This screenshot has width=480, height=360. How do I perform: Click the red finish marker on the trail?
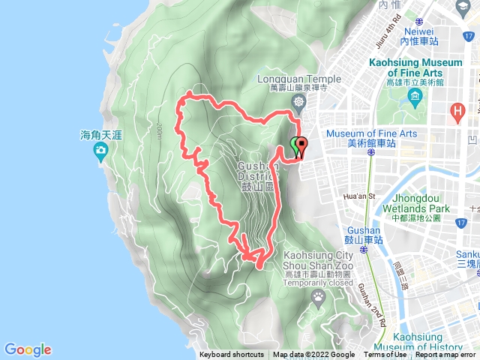tap(302, 145)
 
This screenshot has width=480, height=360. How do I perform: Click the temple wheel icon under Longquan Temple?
tap(299, 101)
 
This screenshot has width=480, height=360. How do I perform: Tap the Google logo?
tap(28, 349)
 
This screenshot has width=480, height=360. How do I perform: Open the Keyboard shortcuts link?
tap(232, 355)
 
